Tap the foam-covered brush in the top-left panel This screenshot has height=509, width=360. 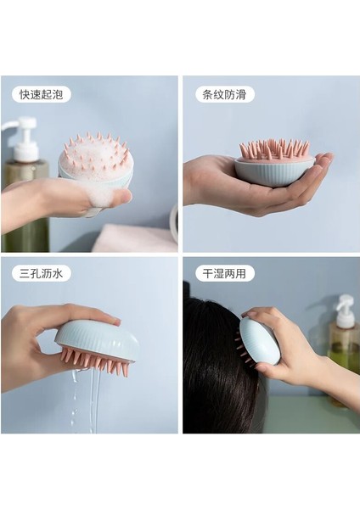[95, 161]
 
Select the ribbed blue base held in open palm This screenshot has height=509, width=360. [273, 171]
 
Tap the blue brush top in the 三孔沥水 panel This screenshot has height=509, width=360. [98, 338]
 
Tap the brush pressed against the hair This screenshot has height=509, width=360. [259, 339]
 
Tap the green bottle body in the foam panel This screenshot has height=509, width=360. [19, 204]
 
